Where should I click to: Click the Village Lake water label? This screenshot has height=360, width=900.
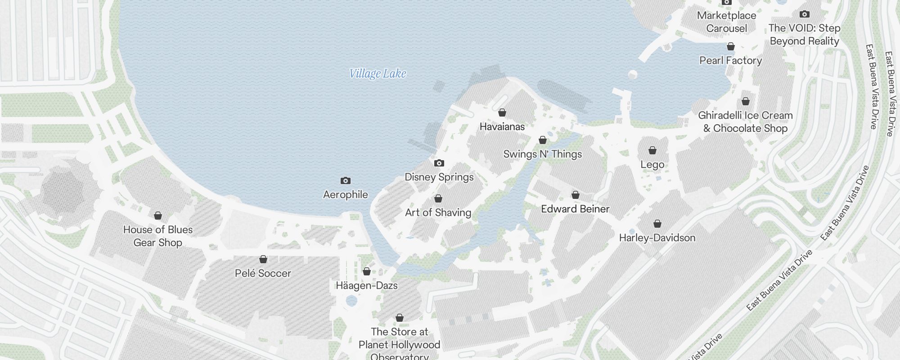pyautogui.click(x=378, y=74)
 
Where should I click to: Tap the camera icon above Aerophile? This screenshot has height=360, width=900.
pyautogui.click(x=345, y=181)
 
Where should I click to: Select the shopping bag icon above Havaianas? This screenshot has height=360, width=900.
pyautogui.click(x=502, y=112)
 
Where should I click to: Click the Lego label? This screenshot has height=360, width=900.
pyautogui.click(x=652, y=165)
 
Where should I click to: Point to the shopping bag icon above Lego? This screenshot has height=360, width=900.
pyautogui.click(x=652, y=150)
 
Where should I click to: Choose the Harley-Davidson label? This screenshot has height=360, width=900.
pyautogui.click(x=657, y=238)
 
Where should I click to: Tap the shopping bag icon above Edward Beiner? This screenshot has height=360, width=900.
pyautogui.click(x=575, y=195)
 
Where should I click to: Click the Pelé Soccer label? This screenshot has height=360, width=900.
pyautogui.click(x=263, y=273)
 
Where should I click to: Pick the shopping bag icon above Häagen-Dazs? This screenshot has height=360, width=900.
pyautogui.click(x=367, y=271)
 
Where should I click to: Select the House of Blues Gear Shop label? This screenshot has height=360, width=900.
pyautogui.click(x=158, y=236)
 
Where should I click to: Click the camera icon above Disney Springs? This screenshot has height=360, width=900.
pyautogui.click(x=439, y=163)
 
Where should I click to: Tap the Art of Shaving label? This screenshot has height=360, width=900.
pyautogui.click(x=438, y=212)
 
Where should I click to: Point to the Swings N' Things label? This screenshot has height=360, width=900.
pyautogui.click(x=542, y=154)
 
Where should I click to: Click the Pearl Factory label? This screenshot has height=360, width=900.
pyautogui.click(x=730, y=60)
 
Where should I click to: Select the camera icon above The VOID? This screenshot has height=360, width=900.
pyautogui.click(x=805, y=14)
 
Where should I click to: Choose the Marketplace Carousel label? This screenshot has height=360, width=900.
pyautogui.click(x=726, y=22)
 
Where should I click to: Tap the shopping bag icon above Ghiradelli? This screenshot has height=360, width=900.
pyautogui.click(x=746, y=102)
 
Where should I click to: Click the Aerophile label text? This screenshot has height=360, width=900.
pyautogui.click(x=345, y=194)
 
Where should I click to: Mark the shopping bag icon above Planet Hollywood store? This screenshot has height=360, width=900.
pyautogui.click(x=400, y=318)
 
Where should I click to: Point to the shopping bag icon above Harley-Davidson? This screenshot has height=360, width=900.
pyautogui.click(x=657, y=224)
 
